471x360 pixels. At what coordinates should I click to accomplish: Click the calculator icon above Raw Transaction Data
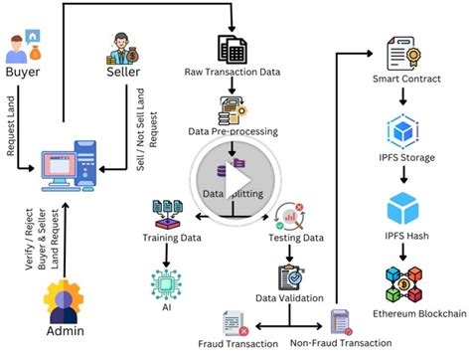[232, 48]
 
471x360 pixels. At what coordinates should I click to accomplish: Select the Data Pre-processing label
[234, 131]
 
